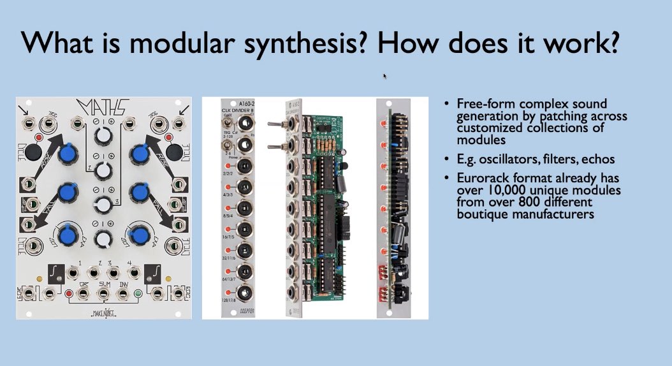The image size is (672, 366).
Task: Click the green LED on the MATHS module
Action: [x=138, y=294]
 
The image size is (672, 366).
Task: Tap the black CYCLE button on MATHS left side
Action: [x=31, y=153]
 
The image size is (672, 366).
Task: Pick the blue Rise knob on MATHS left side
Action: [x=66, y=154]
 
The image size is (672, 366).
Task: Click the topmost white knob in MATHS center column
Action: [x=103, y=135]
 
